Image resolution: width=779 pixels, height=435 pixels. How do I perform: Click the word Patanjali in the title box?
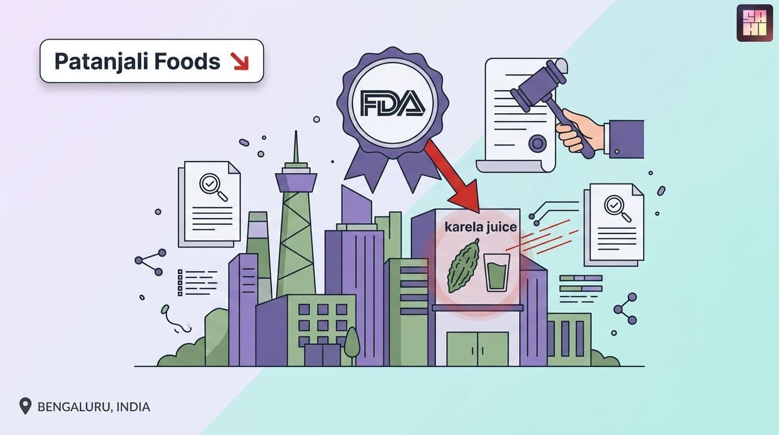[102, 62]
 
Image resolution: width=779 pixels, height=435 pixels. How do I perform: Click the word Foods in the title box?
[187, 61]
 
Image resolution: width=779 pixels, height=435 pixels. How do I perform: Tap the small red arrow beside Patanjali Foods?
[239, 61]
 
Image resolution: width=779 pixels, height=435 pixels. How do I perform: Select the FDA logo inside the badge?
[392, 103]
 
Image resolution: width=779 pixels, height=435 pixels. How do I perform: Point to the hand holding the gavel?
[579, 130]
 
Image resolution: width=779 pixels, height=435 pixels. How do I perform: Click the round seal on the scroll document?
[537, 143]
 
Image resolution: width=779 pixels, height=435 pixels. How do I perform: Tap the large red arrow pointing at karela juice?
[453, 177]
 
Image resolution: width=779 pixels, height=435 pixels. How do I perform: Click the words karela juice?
[481, 227]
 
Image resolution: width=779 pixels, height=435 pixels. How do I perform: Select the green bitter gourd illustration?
[463, 266]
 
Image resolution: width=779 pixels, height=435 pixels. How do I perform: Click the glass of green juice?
[496, 272]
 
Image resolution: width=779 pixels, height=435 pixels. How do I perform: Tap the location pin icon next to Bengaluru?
[25, 406]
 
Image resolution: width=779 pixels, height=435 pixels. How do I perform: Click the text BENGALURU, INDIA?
[94, 407]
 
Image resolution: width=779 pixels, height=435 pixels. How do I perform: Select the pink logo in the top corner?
[755, 23]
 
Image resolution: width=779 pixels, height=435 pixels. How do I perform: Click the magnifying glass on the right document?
[617, 208]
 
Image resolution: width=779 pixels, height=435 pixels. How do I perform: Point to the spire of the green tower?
[296, 147]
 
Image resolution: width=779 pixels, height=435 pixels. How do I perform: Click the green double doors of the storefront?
[477, 348]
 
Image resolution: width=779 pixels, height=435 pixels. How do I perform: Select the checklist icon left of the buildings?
[197, 282]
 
